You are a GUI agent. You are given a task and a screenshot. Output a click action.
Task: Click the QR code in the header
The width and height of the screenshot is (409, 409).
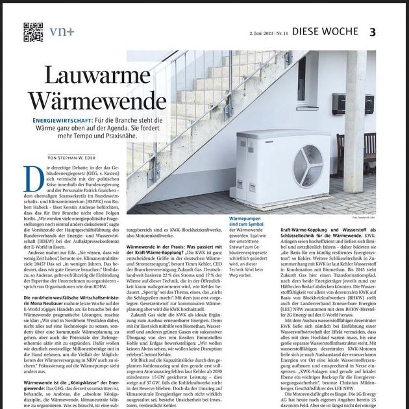pyautogui.click(x=33, y=31)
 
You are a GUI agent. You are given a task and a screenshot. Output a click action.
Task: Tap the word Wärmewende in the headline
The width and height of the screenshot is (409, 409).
pyautogui.click(x=97, y=101)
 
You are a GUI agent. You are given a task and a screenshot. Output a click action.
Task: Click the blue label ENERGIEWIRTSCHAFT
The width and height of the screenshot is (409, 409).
pyautogui.click(x=62, y=121)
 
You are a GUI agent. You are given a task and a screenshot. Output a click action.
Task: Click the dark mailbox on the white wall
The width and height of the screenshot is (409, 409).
pyautogui.click(x=340, y=101)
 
